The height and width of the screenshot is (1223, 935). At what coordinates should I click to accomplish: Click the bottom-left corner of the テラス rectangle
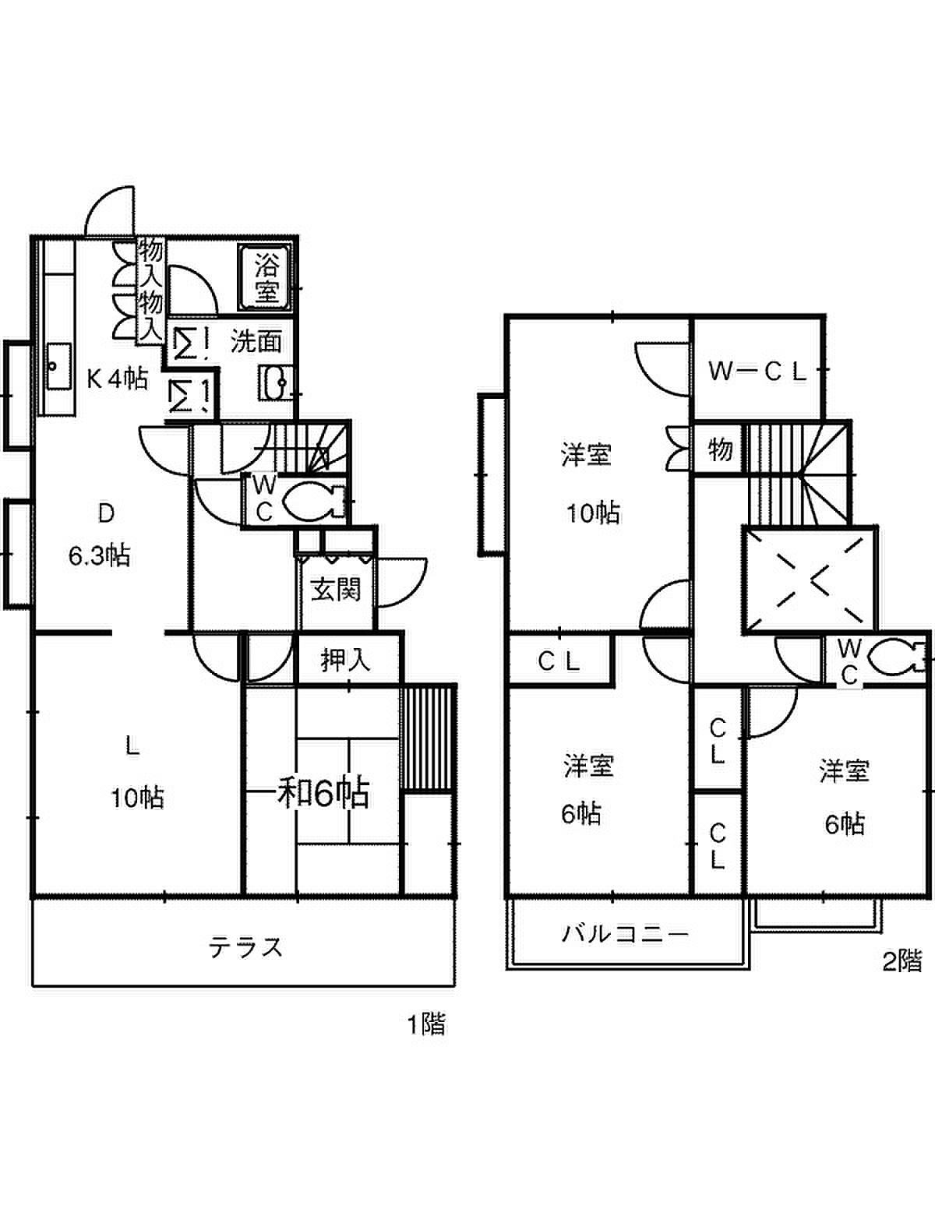coord(33,985)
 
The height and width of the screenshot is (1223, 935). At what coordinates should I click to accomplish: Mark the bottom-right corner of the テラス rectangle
coord(455,985)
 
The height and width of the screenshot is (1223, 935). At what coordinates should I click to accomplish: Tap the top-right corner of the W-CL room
coord(824,317)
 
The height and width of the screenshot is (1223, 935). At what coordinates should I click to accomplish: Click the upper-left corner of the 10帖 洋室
coord(507,317)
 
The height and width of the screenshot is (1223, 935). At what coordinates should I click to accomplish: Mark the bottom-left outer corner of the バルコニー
coord(508,969)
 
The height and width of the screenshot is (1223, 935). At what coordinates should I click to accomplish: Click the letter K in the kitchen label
coord(94,379)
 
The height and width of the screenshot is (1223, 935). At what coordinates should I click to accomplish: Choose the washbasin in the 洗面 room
coord(276,382)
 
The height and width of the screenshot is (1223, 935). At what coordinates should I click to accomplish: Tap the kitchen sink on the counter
coord(58,366)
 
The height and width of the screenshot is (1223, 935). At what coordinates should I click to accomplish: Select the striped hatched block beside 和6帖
coord(428,738)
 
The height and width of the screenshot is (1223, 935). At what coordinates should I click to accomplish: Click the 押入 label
coord(345,661)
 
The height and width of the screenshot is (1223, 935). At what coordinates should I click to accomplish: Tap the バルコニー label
coord(624,933)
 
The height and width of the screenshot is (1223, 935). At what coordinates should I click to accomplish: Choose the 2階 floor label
coord(901,962)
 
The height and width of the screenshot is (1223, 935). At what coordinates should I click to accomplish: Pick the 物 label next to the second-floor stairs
coord(719,449)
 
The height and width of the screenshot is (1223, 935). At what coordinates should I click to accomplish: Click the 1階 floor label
coord(426,1024)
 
